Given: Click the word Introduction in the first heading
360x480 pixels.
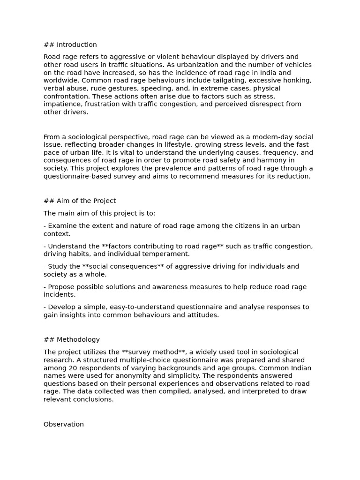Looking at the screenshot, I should click(x=77, y=45).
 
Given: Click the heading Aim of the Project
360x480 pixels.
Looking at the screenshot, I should click(x=86, y=201).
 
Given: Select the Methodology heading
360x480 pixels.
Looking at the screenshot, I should click(x=78, y=339).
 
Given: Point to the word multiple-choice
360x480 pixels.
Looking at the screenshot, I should click(x=138, y=360).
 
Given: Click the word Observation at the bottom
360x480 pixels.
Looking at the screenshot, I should click(x=64, y=424).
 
